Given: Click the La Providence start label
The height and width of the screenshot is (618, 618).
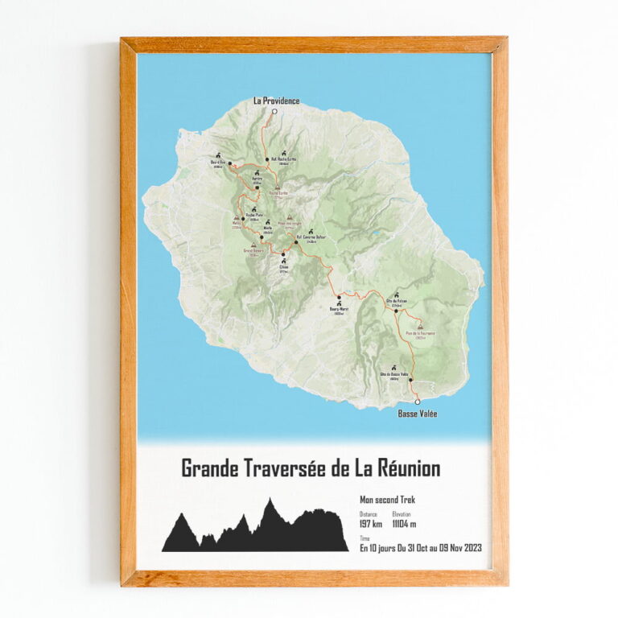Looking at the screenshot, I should pos(276,101).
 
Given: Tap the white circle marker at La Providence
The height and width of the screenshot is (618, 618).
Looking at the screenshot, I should pos(274,113).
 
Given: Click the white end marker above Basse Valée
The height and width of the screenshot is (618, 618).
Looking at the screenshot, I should pos(417,401).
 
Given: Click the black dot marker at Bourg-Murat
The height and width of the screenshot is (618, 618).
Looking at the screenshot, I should pos(340,297).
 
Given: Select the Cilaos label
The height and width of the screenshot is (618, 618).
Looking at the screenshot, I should pos(283,269).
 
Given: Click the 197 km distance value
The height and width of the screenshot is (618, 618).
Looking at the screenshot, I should pos(370,525).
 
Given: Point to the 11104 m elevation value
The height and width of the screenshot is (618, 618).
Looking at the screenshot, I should pos(404,525).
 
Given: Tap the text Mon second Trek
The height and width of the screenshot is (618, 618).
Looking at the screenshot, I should pos(387,500).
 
